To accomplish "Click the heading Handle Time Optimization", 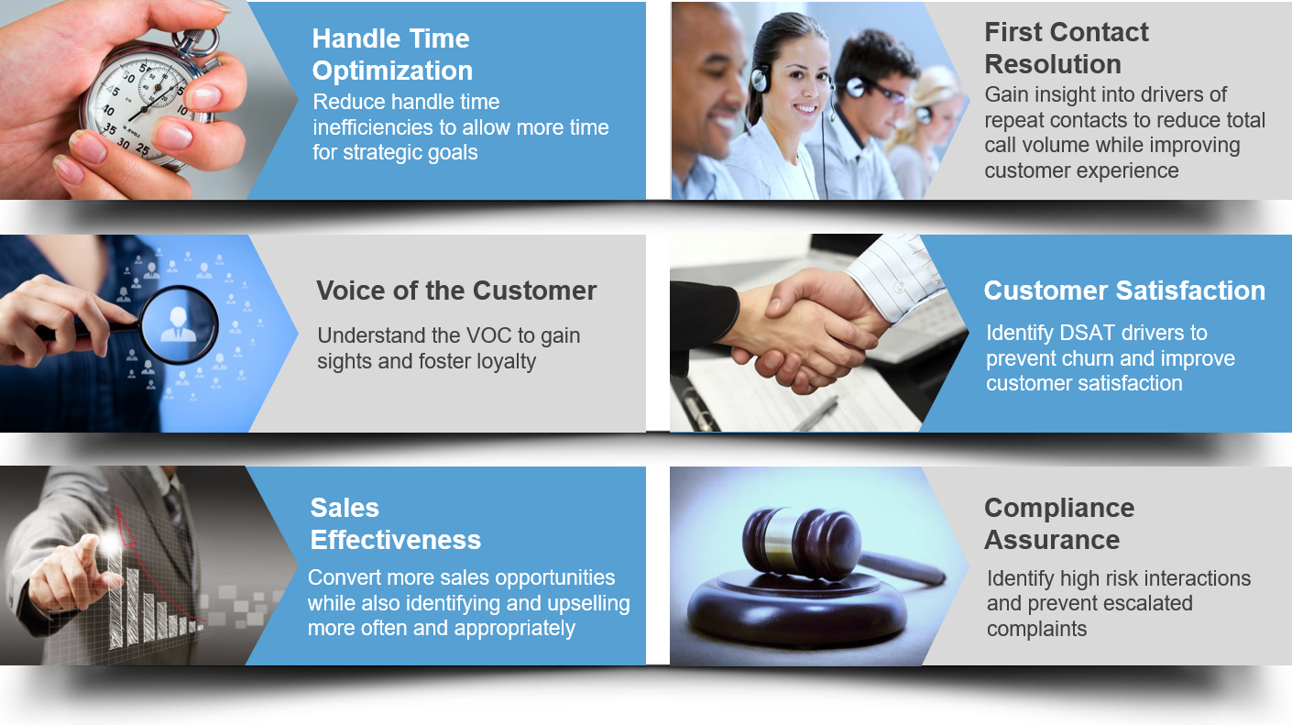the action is click(x=392, y=54).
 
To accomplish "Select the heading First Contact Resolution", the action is click(x=1066, y=48).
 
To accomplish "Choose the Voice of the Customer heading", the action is click(x=456, y=291).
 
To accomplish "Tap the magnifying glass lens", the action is click(x=180, y=324).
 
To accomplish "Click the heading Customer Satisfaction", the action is click(x=1124, y=291).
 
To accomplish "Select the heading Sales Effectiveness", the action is click(x=395, y=523).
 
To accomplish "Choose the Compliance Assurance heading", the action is click(x=1059, y=523).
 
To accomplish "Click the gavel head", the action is click(x=802, y=543).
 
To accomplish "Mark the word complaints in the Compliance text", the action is click(x=1036, y=629).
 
